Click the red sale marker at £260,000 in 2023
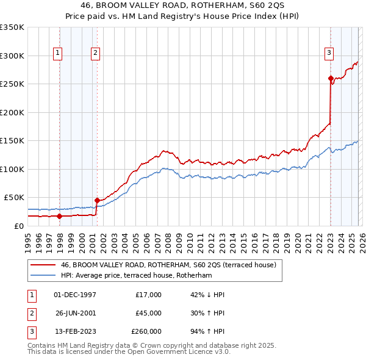coord(330,78)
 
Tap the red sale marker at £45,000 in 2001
coord(97,200)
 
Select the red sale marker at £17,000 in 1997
coord(59,215)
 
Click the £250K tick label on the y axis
coord(12,84)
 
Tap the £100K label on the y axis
coord(12,169)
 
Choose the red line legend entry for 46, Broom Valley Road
coord(168,265)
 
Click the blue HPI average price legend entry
coord(135,276)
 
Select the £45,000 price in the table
coord(148,313)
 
